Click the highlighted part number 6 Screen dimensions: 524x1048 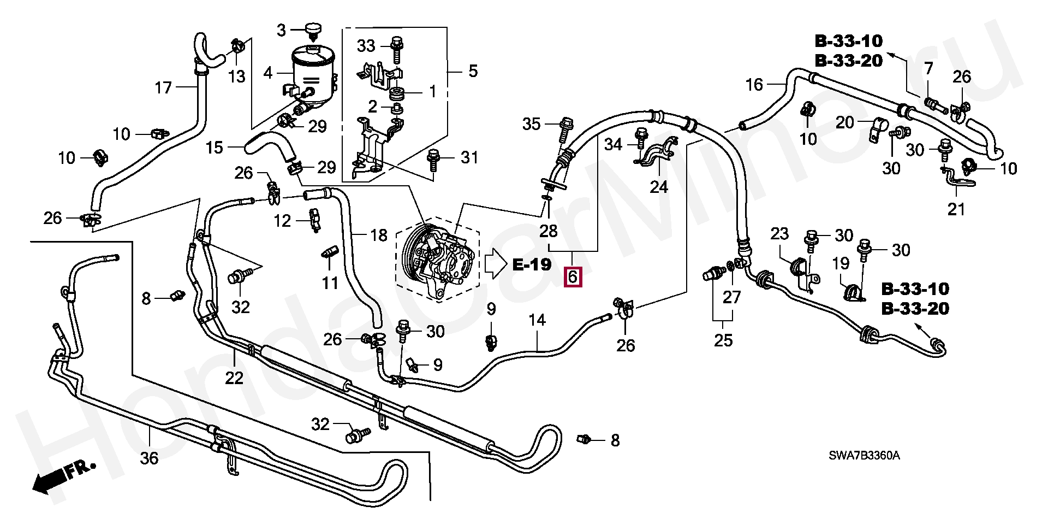[572, 277]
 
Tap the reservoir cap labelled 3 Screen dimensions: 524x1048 [313, 28]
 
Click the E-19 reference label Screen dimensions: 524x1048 [532, 265]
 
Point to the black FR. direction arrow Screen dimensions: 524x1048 [49, 480]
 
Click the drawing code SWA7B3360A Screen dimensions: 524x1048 [864, 456]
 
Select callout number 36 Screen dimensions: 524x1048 [149, 458]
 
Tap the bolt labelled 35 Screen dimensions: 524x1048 [566, 127]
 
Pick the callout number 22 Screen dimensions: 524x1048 [234, 378]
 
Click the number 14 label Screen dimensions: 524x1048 [537, 320]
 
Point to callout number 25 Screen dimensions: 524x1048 [723, 340]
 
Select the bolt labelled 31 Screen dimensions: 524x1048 [433, 158]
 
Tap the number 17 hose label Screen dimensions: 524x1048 [163, 87]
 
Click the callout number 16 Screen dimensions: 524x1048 [754, 85]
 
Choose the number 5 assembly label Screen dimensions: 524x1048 [473, 71]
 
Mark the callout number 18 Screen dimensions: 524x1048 [379, 235]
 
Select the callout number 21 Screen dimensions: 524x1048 [956, 209]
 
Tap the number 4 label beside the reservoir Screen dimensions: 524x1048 [267, 73]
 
